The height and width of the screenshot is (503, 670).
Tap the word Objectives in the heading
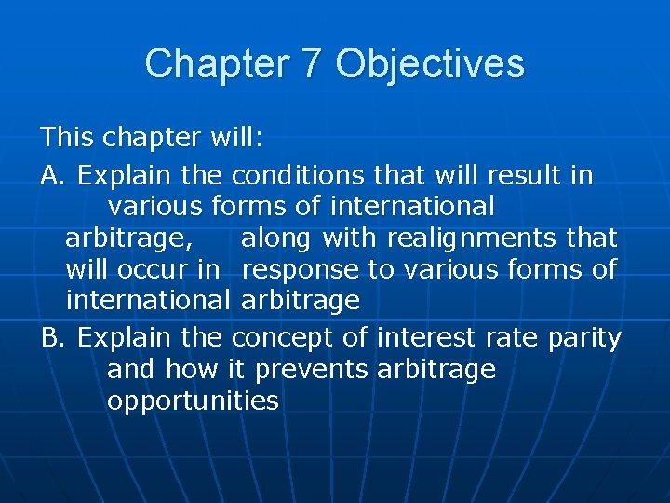430,64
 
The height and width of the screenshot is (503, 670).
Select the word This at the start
68,139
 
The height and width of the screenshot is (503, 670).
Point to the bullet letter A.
52,175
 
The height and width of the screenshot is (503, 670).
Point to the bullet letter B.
52,337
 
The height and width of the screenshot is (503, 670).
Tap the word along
276,238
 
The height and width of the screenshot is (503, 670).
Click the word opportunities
193,401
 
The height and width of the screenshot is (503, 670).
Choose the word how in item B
192,369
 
